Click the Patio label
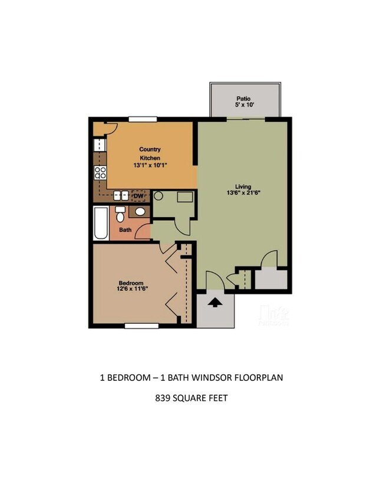click(x=245, y=99)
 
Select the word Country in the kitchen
click(x=150, y=150)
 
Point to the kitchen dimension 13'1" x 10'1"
click(x=150, y=167)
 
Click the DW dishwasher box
click(x=139, y=196)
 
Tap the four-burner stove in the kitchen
click(x=100, y=172)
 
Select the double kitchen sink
click(x=121, y=195)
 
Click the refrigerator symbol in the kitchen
click(x=99, y=145)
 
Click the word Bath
click(x=126, y=230)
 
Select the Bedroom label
click(x=131, y=283)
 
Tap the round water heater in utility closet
click(x=159, y=196)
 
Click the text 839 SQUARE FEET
click(x=191, y=398)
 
